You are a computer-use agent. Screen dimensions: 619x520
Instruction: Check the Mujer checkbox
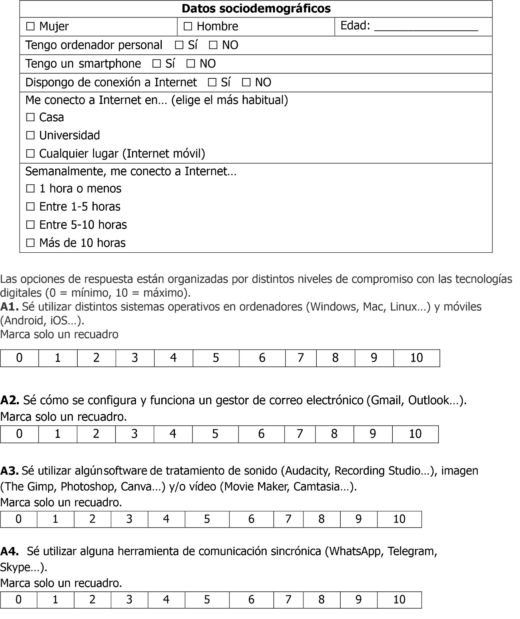point(30,27)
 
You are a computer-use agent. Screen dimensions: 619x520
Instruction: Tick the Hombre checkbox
point(188,27)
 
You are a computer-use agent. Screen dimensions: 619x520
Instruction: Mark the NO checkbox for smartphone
point(191,64)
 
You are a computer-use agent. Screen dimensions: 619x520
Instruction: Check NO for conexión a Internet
point(246,83)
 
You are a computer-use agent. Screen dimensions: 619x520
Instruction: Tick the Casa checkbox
point(30,118)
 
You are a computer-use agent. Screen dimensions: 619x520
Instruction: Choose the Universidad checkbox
point(30,136)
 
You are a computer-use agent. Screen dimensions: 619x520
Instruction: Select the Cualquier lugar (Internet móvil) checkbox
point(30,154)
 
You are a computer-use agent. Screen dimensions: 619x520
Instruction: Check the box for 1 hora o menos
point(30,189)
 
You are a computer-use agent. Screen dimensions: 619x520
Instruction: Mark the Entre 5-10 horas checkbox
point(30,225)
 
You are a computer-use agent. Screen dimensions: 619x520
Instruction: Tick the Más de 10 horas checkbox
point(30,243)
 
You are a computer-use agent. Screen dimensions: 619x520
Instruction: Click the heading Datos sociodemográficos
point(256,9)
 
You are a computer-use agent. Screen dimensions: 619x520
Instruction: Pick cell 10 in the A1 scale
point(416,358)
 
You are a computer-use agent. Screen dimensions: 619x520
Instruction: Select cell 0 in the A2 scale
point(19,434)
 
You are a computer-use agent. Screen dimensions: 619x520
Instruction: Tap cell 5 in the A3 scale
point(207,519)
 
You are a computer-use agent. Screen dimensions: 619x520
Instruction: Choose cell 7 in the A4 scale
point(288,600)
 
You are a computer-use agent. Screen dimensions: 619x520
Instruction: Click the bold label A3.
point(9,471)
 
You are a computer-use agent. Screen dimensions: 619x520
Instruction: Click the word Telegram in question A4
point(412,551)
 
